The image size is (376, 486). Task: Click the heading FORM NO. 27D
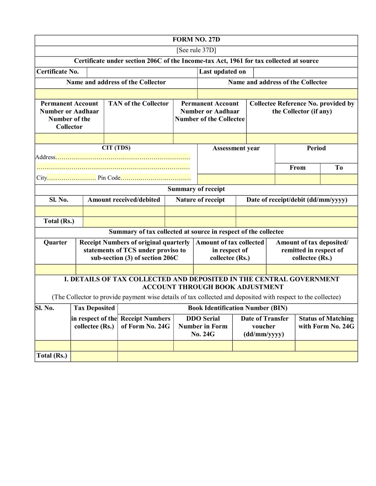pos(196,40)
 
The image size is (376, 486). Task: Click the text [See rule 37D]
pos(196,50)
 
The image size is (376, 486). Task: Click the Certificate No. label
pos(58,72)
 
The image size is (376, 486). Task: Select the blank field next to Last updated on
pos(305,72)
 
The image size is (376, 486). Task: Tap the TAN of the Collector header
pos(138,104)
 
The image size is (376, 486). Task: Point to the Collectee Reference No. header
pos(302,107)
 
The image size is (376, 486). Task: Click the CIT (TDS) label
pos(116,148)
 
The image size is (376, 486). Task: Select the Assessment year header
pos(236,148)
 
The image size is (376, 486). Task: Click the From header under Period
pos(297,168)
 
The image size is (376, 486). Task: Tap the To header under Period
pos(339,168)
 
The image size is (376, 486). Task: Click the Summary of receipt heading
pos(196,189)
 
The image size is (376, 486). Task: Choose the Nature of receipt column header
pos(200,200)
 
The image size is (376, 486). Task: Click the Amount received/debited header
pos(124,200)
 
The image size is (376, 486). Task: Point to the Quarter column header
pos(55,243)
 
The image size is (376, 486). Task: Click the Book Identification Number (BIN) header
pos(237,308)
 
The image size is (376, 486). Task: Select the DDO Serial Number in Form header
pos(203,326)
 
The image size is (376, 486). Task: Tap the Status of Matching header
pos(326,322)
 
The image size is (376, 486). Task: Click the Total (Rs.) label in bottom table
pos(52,356)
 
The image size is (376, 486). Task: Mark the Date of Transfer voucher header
pos(264,326)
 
